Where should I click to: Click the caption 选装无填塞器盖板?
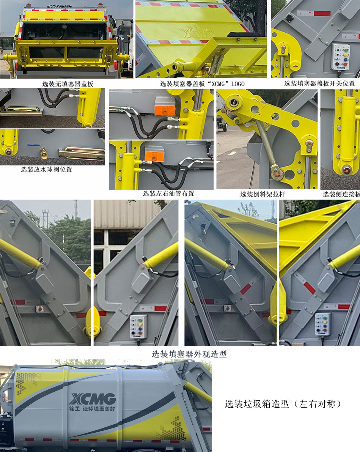pyautogui.click(x=68, y=84)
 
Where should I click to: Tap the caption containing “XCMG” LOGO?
pyautogui.click(x=202, y=84)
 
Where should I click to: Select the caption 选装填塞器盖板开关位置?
pyautogui.click(x=319, y=83)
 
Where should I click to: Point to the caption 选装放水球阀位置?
pyautogui.click(x=46, y=170)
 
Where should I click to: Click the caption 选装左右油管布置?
pyautogui.click(x=168, y=194)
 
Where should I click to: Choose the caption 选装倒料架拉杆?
pyautogui.click(x=263, y=194)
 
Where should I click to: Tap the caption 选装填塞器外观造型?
pyautogui.click(x=189, y=354)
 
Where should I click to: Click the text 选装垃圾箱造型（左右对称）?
pyautogui.click(x=283, y=404)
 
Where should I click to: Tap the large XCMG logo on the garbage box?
pyautogui.click(x=93, y=399)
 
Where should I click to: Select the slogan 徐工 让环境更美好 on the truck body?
pyautogui.click(x=92, y=409)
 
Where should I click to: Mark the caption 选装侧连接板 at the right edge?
pyautogui.click(x=341, y=194)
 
